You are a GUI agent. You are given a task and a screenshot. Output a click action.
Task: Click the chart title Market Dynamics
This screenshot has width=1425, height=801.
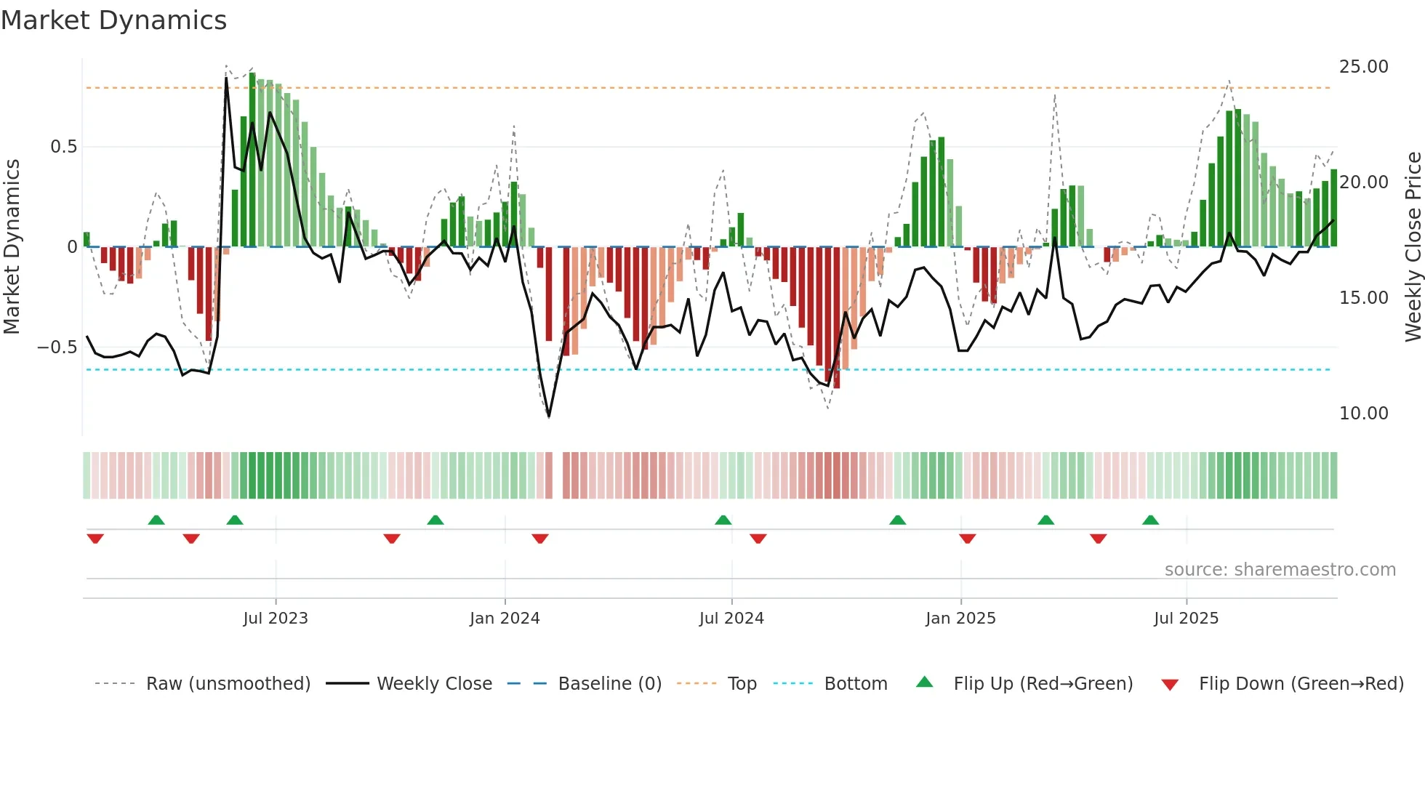(x=113, y=20)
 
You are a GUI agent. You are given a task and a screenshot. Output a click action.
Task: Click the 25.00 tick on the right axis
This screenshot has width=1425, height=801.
(x=1363, y=67)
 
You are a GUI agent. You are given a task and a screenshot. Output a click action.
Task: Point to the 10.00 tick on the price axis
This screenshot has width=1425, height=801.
(x=1363, y=414)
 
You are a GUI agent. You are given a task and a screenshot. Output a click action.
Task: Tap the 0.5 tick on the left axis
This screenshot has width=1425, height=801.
(x=63, y=147)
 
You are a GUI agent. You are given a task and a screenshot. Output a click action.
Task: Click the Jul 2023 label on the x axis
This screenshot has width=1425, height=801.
(x=276, y=619)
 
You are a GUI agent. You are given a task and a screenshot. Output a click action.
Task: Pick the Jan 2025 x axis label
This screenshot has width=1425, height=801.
(x=960, y=619)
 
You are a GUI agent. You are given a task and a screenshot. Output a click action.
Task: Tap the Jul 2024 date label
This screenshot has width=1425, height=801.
(x=731, y=619)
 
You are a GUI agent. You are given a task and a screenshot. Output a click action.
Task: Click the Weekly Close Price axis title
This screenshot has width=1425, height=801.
(x=1413, y=247)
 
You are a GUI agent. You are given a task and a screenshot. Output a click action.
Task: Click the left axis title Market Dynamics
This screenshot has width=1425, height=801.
(x=12, y=247)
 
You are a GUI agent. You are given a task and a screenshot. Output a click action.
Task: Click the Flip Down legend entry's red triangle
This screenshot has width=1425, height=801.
(x=1170, y=685)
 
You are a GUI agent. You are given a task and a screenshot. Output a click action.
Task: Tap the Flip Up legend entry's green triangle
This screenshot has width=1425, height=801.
(x=924, y=683)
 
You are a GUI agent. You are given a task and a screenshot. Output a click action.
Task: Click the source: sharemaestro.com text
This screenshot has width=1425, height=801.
(x=1280, y=570)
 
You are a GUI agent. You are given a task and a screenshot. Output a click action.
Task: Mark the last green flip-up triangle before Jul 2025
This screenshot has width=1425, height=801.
(x=1150, y=520)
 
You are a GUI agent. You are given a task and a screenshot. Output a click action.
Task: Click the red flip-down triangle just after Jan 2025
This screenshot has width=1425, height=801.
(x=967, y=539)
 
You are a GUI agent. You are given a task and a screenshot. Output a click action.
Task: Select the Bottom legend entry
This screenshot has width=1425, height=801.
(x=856, y=684)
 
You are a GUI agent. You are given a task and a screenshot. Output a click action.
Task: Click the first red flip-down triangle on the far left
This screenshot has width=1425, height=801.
(x=95, y=539)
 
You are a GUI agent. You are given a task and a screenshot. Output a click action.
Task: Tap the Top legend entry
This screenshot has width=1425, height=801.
(x=742, y=684)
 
